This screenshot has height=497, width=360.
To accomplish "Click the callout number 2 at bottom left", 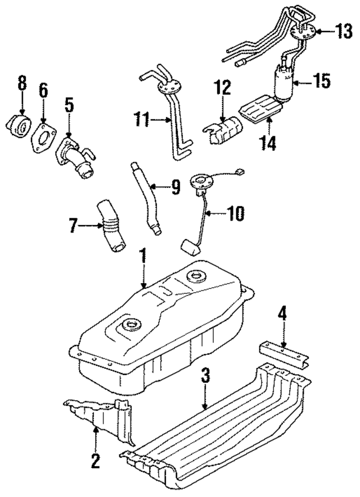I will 95,462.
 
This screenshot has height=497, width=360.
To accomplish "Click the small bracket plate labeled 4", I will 284,355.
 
